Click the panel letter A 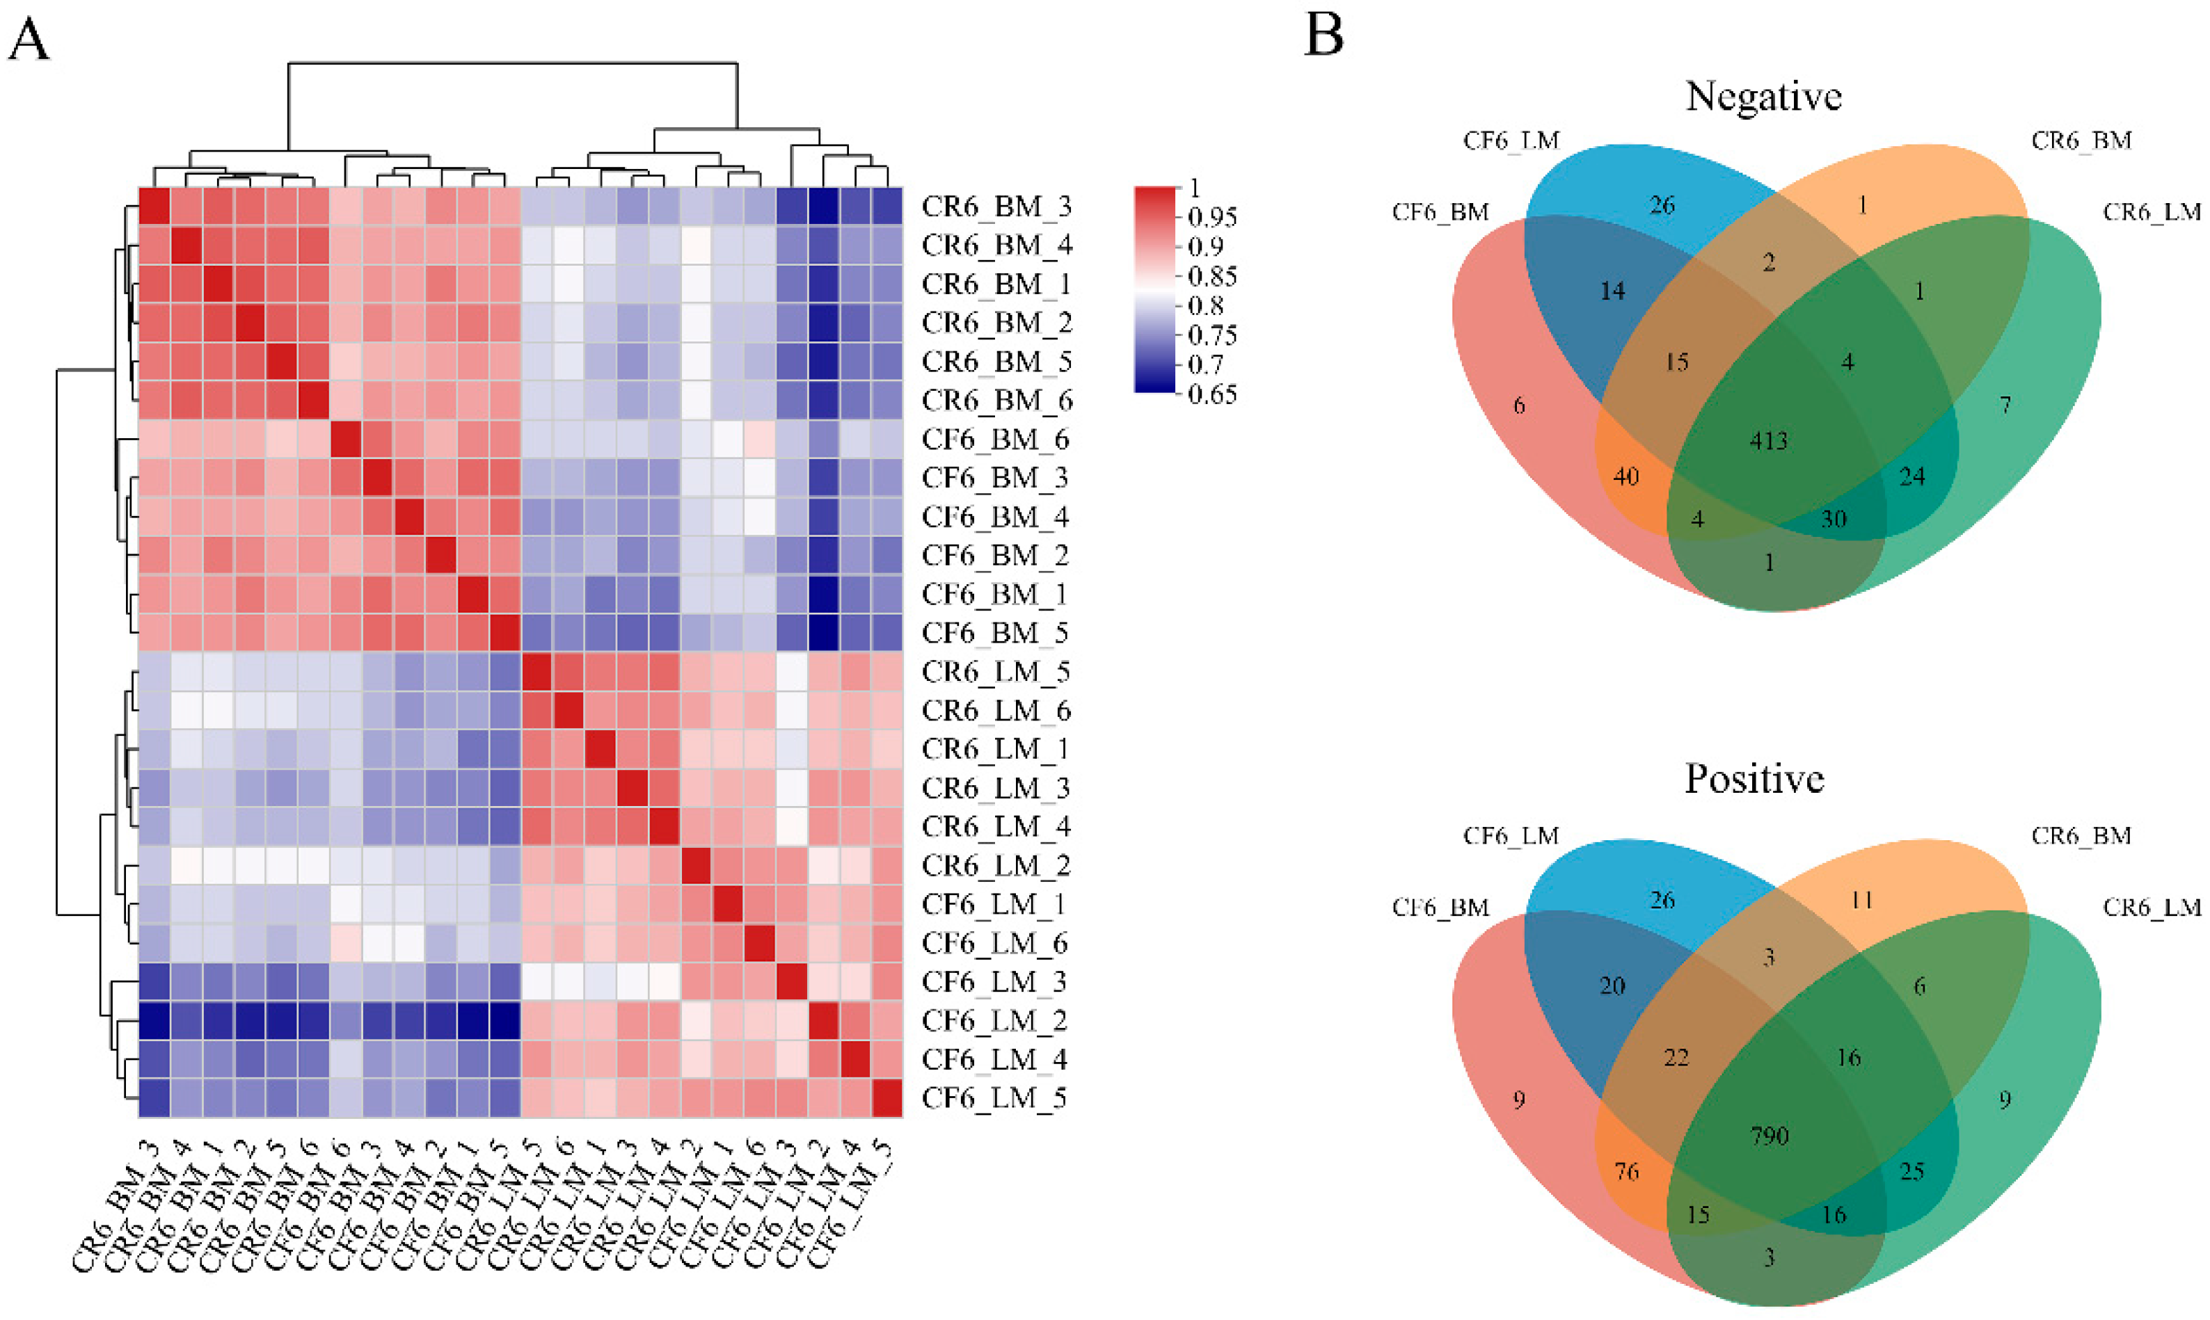click(29, 41)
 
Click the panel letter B click(1323, 36)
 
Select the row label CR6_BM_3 click(996, 207)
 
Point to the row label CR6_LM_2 click(996, 865)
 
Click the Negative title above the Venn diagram click(1763, 96)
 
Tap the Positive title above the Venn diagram click(1754, 778)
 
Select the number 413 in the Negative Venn click(1768, 441)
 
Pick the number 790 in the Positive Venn click(1769, 1136)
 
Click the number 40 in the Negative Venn click(1625, 477)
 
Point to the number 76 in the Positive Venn click(1626, 1171)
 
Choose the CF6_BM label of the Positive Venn click(1440, 908)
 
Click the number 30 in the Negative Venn click(1834, 520)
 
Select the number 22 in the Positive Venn click(1676, 1058)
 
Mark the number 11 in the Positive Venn click(1861, 900)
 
